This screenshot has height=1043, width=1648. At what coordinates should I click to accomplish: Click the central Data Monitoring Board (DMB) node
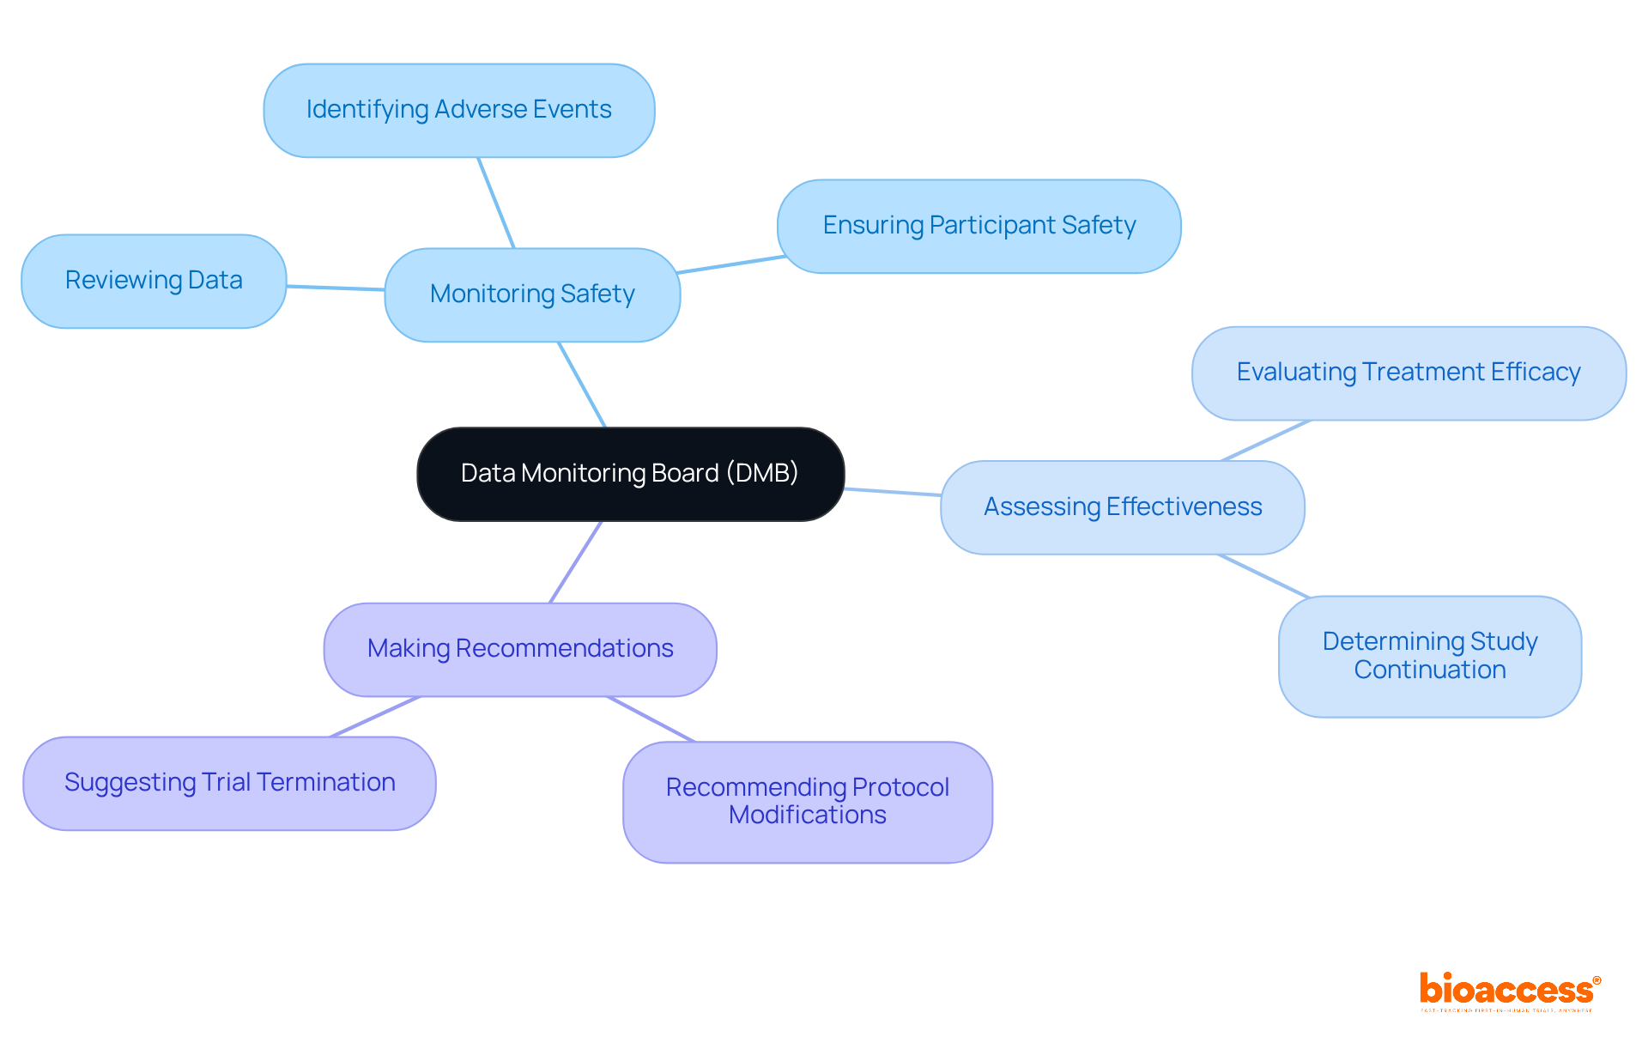[x=630, y=474]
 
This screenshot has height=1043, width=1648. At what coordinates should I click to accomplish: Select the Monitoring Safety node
[x=532, y=294]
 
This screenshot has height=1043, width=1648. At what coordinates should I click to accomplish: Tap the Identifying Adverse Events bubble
[x=458, y=110]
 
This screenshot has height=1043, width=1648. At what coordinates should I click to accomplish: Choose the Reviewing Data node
[x=154, y=281]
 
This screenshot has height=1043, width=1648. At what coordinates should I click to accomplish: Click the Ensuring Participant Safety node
[x=978, y=226]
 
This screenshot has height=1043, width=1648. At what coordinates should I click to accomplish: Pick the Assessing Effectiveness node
[x=1122, y=507]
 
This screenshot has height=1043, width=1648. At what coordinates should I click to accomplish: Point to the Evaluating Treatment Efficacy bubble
[x=1408, y=373]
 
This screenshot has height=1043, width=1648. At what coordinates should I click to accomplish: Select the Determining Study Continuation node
[x=1429, y=656]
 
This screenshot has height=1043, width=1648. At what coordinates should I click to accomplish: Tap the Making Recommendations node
[x=519, y=649]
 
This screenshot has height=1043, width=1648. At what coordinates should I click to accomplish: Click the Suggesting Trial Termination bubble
[x=229, y=783]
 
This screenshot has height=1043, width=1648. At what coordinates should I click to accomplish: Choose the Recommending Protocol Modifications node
[x=807, y=802]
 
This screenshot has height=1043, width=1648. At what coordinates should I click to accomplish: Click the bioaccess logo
[x=1509, y=991]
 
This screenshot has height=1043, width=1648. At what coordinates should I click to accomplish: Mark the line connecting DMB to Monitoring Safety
[x=583, y=385]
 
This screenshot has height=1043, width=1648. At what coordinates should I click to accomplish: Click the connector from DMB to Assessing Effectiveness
[x=893, y=492]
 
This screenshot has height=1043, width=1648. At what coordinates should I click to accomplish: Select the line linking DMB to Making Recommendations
[x=575, y=562]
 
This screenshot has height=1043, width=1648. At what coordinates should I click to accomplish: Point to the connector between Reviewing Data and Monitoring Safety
[x=336, y=288]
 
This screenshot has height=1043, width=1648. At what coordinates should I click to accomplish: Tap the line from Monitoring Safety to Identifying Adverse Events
[x=496, y=203]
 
